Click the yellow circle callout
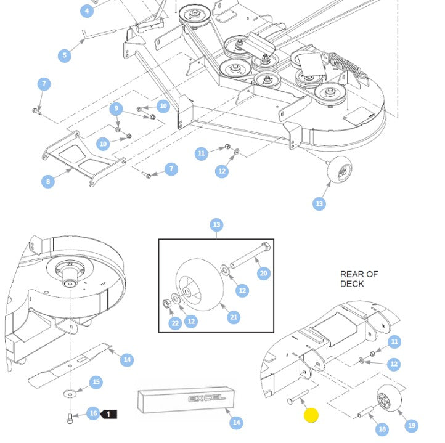pos(311,415)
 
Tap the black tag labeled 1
pos(108,414)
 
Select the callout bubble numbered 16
pos(93,413)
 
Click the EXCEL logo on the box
pos(207,399)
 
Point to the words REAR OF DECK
pos(359,279)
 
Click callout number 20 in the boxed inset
pos(263,274)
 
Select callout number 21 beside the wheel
pos(233,317)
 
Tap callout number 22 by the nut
pos(175,323)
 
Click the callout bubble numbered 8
pos(48,181)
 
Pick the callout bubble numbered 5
pos(65,55)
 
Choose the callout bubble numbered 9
pos(116,108)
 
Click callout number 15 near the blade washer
pos(96,382)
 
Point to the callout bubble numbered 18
pos(382,429)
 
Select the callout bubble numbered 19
pos(412,425)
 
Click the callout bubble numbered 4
pos(87,11)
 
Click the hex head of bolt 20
pos(266,246)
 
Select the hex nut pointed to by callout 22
pos(166,304)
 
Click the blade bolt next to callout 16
pos(70,419)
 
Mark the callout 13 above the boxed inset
pos(216,225)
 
